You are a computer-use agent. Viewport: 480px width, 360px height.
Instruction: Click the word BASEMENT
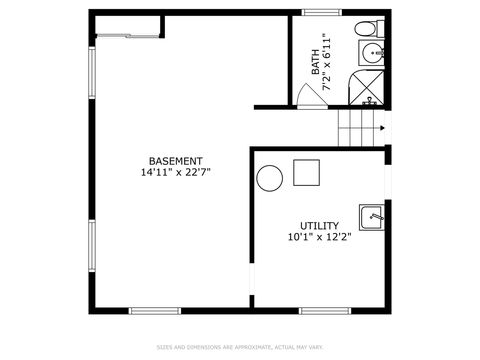(x=176, y=161)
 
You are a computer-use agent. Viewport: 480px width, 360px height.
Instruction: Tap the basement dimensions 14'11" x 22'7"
(x=176, y=172)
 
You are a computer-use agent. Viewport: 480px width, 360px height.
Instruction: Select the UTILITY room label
(x=320, y=226)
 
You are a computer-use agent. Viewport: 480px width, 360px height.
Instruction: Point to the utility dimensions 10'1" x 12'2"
(x=320, y=237)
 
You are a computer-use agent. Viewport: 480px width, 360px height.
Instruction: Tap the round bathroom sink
(x=373, y=53)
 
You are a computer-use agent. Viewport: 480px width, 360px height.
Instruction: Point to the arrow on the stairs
(x=381, y=128)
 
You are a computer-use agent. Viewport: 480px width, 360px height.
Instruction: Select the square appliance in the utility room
(x=305, y=173)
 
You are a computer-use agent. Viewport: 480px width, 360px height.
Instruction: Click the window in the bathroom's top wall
(x=322, y=13)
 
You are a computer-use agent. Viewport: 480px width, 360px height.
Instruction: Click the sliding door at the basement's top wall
(x=128, y=35)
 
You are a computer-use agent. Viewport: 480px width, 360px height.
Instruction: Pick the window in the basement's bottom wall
(x=155, y=310)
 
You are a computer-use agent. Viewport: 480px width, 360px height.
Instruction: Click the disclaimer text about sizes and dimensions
(x=240, y=348)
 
